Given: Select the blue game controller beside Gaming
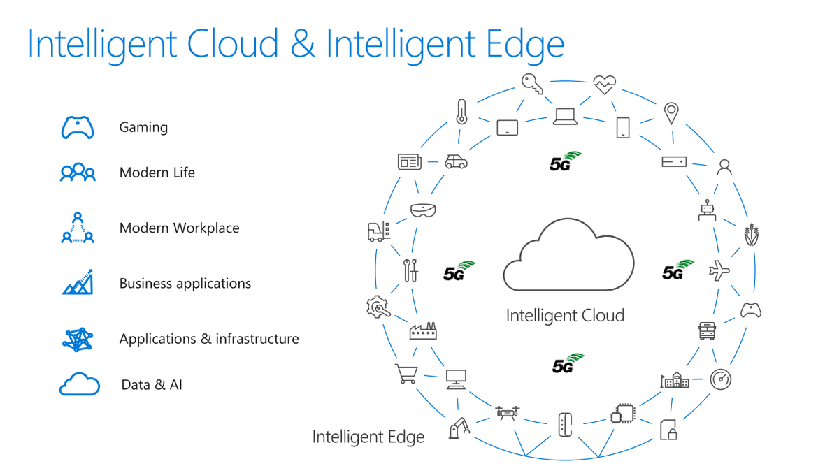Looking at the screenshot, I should point(78,128).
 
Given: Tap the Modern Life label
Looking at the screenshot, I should point(157,173).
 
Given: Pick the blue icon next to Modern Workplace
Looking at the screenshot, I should point(78,228).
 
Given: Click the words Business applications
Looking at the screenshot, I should point(185,284).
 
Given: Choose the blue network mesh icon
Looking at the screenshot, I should point(78,339).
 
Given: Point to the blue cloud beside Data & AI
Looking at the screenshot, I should point(79,384).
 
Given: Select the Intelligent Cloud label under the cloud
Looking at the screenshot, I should point(565,316).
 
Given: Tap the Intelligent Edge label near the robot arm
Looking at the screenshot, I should point(368,437).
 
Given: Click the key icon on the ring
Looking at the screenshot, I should point(532,85).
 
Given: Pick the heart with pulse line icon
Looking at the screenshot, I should point(604,85).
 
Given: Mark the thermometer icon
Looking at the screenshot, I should point(461,112).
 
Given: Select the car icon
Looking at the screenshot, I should point(456,161).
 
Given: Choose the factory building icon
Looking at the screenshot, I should point(423,330).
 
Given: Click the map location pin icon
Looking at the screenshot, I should point(671,113).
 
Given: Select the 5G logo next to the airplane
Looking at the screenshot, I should point(677,270).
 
